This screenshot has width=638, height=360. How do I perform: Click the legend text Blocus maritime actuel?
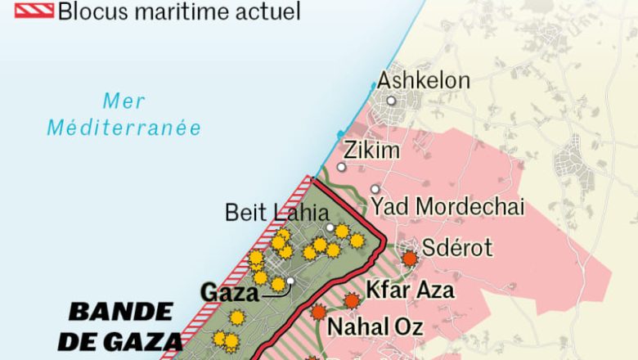pos(179,11)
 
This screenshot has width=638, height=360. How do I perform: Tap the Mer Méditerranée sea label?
pos(124,115)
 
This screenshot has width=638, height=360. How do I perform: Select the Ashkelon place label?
pos(423,81)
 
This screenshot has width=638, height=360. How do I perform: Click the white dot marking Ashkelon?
pos(392,101)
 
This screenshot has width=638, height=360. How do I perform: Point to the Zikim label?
pos(372,151)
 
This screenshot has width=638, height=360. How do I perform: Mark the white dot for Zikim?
pos(341,167)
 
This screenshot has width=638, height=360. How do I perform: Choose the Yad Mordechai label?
pos(447,207)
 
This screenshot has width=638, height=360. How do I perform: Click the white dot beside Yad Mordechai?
pos(375,189)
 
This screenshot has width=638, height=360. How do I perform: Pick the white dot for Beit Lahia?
pos(330,227)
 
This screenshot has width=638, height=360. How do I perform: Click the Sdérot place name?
pos(457,248)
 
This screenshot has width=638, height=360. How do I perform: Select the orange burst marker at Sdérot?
pos(409,259)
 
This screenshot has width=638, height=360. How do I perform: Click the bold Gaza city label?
pos(230,292)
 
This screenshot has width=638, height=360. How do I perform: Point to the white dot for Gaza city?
pos(290,281)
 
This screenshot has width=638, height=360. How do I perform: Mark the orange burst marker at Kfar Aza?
pos(352,301)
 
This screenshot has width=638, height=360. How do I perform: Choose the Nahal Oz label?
pos(375,327)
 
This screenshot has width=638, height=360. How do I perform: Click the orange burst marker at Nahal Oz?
pos(318,312)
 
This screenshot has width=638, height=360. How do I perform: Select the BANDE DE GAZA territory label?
pos(123,325)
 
